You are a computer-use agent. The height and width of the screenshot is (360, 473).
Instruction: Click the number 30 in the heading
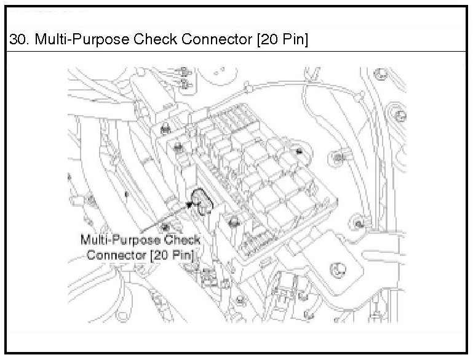coord(18,41)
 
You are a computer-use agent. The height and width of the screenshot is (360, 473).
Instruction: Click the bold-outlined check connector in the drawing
coord(201,201)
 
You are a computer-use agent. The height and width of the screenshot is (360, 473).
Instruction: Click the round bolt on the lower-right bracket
coord(337,268)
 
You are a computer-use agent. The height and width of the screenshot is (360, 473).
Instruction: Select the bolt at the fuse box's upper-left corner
coord(177,146)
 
